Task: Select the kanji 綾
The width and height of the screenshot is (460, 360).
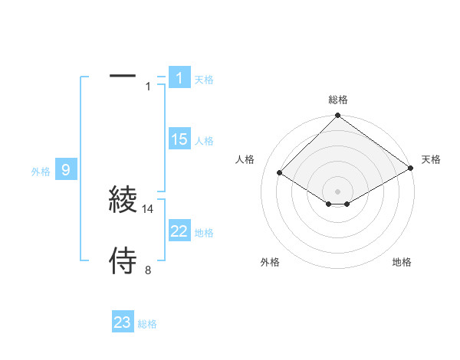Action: point(123,199)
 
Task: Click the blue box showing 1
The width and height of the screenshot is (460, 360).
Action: point(179,77)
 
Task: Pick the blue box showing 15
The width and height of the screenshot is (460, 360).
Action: point(179,139)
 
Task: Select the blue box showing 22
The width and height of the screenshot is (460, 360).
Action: point(179,231)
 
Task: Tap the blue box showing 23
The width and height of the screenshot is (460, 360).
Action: point(123,322)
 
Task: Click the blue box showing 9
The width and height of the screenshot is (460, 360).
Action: point(66,170)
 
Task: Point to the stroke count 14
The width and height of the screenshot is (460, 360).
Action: point(149,208)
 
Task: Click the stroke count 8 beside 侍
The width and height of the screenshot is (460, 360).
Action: point(148,270)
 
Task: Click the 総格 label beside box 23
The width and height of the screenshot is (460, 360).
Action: point(147,325)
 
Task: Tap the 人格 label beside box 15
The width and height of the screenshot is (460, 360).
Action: point(204,141)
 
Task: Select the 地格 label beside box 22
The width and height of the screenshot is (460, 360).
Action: point(204,233)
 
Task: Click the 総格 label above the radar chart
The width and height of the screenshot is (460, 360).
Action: point(338,100)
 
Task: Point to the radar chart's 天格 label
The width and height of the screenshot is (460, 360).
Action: point(431,159)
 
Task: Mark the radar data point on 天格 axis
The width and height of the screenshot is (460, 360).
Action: point(411,169)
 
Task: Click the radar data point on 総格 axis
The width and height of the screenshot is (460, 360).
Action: point(338,116)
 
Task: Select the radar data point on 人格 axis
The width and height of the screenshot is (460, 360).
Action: point(280,172)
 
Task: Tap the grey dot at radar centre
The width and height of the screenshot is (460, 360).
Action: point(338,191)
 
